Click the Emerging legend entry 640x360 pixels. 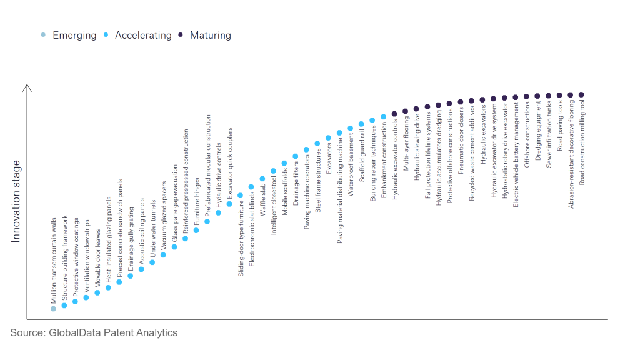(x=69, y=36)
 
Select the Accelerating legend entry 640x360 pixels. (x=138, y=36)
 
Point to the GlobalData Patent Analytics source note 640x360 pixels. (x=94, y=332)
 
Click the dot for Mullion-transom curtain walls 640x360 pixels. (x=53, y=308)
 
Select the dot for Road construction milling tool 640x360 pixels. (x=581, y=94)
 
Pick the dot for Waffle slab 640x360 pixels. (x=262, y=178)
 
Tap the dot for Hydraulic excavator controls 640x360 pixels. (x=394, y=114)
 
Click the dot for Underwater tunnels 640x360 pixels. (x=152, y=262)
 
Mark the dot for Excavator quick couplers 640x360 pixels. (x=229, y=204)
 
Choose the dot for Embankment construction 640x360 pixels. (x=383, y=116)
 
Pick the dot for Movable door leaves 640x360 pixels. (x=97, y=292)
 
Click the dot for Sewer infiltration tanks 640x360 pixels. (x=548, y=96)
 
